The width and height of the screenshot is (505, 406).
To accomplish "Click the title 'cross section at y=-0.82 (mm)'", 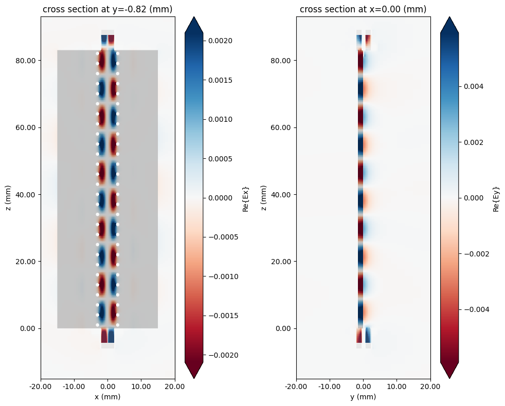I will click(107, 9).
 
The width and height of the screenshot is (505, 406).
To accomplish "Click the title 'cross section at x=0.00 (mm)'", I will click(363, 9).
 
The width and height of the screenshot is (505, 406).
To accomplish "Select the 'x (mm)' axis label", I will click(107, 397).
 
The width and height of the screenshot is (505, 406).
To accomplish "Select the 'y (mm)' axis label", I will click(363, 397).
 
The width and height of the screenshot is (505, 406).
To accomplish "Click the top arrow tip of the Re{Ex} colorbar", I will click(194, 17).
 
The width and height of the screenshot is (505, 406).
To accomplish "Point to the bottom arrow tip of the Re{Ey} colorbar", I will click(449, 378).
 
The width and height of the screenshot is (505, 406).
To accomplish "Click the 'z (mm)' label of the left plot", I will click(8, 197).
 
